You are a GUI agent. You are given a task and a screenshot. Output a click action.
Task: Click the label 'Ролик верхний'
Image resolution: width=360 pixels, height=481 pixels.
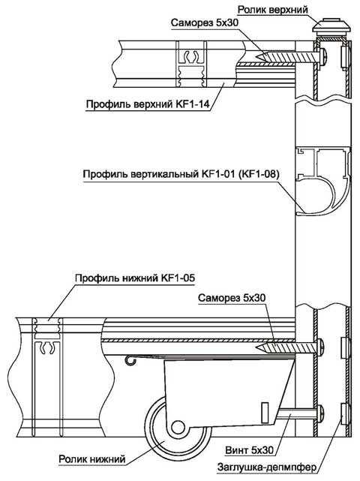click(272, 10)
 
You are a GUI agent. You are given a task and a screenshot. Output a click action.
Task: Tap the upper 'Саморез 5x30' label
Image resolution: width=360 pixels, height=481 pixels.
click(204, 23)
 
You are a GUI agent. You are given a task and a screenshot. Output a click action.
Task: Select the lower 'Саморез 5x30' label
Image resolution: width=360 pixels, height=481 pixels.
click(232, 298)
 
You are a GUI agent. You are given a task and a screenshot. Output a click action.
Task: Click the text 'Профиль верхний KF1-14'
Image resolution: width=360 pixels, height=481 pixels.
click(148, 104)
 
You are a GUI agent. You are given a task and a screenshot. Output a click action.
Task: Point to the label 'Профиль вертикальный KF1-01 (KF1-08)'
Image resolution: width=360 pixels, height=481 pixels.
click(181, 174)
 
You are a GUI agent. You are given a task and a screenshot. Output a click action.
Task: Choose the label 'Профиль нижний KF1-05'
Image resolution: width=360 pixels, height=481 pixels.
click(135, 278)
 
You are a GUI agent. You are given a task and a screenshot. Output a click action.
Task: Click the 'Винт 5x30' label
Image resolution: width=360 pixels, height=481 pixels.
click(249, 450)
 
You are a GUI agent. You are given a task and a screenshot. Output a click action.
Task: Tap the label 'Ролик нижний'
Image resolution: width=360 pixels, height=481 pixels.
click(92, 459)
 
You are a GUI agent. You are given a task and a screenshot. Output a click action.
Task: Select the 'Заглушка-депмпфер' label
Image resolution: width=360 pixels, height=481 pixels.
click(266, 467)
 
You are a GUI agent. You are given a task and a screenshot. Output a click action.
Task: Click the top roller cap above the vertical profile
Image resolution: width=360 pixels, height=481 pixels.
click(331, 26)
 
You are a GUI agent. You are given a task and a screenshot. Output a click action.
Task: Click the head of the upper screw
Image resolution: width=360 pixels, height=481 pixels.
click(323, 56)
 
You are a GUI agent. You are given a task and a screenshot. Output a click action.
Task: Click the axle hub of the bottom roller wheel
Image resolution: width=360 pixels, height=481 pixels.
click(177, 427)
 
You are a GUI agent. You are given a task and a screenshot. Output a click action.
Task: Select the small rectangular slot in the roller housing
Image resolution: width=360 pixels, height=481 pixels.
click(265, 412)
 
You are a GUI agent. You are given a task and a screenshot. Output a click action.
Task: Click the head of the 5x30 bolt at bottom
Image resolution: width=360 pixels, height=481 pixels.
click(321, 413)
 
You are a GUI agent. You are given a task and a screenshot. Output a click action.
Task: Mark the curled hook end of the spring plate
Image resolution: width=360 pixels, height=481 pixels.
click(130, 361)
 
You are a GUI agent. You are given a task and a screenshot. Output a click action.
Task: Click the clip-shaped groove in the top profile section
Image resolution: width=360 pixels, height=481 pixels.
click(190, 56)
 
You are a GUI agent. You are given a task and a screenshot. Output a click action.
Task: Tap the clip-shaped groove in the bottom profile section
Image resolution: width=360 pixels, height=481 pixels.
click(47, 348)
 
